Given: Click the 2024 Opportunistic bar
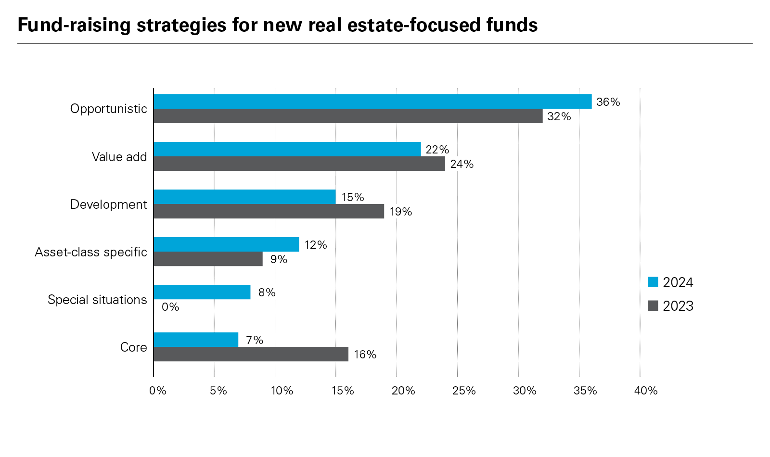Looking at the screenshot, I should coord(372,102).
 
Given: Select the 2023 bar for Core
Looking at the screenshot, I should coord(251,354).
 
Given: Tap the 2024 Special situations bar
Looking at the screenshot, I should coord(202,292).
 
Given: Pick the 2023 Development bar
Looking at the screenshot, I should coord(269,211).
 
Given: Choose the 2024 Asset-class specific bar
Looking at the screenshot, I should coord(226,244).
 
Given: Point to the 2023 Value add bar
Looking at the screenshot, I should coord(299,164).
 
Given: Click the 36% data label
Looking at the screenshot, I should coord(608,102).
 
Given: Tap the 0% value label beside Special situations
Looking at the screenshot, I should coord(170,307).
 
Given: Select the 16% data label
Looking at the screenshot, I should coord(365,355).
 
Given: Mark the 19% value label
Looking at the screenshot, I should coord(400,212).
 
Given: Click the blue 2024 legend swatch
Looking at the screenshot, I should coord(653,282).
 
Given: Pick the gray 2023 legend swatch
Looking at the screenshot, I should coord(653,305).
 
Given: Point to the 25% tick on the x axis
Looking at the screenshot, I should coord(464,391).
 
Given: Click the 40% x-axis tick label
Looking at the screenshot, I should coord(646,391).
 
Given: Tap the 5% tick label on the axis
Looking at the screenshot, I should coord(218,391).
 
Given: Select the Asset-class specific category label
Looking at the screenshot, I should coord(91,252).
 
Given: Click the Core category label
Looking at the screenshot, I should coord(133,347).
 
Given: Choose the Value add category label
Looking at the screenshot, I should coord(119,157).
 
